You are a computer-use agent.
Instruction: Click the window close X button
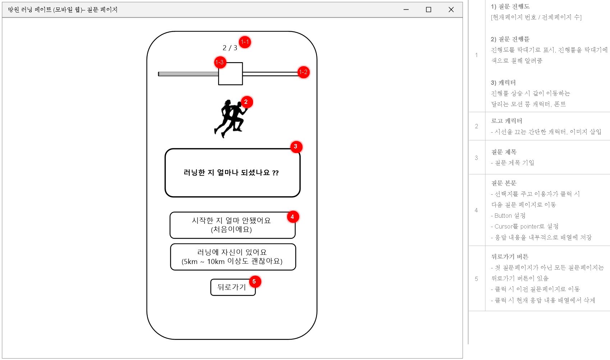tap(451, 10)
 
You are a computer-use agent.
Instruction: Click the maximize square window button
tap(428, 10)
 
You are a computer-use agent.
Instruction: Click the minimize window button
tap(406, 10)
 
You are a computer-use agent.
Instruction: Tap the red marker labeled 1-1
tap(245, 42)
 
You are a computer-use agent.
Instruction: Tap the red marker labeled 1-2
tap(303, 72)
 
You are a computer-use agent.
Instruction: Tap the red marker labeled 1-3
tap(220, 63)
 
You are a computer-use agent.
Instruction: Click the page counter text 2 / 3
tap(230, 48)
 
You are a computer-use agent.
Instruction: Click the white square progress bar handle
tap(230, 74)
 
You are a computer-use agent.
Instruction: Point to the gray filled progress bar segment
tap(188, 74)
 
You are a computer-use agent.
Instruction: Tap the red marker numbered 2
tap(246, 102)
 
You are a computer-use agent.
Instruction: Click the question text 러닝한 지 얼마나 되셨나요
tap(231, 173)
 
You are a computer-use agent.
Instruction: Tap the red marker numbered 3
tap(296, 147)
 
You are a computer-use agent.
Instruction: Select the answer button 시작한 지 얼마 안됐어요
tap(232, 225)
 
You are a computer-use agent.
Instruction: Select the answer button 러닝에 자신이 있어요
tap(233, 257)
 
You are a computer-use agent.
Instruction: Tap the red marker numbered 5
tap(254, 282)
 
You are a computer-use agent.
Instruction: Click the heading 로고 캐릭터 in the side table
tap(506, 121)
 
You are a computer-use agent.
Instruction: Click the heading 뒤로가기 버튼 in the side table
tap(509, 257)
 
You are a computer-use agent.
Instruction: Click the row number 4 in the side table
tap(476, 211)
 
